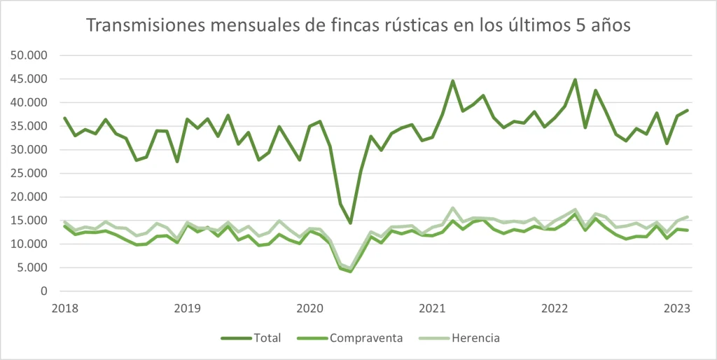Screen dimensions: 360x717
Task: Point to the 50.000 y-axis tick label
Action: tap(29, 55)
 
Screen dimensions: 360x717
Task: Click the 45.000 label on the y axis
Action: tap(29, 79)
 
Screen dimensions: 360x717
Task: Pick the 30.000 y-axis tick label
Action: tap(29, 150)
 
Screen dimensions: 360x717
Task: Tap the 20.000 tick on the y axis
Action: tap(29, 197)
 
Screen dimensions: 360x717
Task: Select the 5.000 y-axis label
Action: tap(32, 268)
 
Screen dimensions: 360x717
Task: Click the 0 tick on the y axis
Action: tap(43, 291)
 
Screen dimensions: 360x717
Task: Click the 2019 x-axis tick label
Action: tap(187, 308)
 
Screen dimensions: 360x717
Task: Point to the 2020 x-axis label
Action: tap(309, 308)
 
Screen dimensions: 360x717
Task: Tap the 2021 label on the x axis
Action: tap(433, 308)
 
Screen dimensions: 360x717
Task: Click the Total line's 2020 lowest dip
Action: tap(351, 223)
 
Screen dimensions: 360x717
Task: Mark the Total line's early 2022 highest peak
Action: tap(575, 80)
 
